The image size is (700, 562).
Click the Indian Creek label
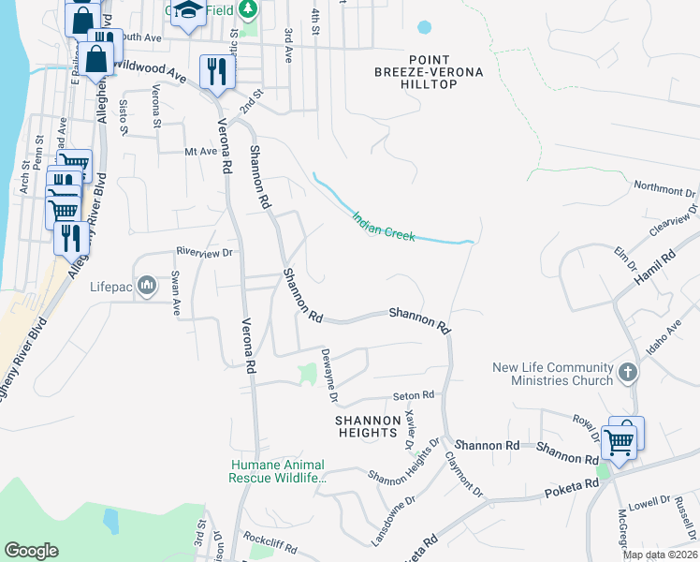[x=384, y=226]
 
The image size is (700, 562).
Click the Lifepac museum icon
[x=147, y=285]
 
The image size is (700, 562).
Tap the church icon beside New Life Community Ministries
[x=628, y=373]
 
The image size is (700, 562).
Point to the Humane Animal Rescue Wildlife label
[x=278, y=471]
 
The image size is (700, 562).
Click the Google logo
[x=31, y=551]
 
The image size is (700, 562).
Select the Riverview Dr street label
[x=205, y=252]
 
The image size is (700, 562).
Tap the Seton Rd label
[x=415, y=395]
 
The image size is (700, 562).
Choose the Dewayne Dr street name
[x=329, y=374]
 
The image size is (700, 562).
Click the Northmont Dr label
[x=665, y=190]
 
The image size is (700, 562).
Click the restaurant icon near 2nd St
[x=216, y=71]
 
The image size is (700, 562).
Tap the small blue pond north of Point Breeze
[x=425, y=27]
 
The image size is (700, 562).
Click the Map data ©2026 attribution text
[x=660, y=555]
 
